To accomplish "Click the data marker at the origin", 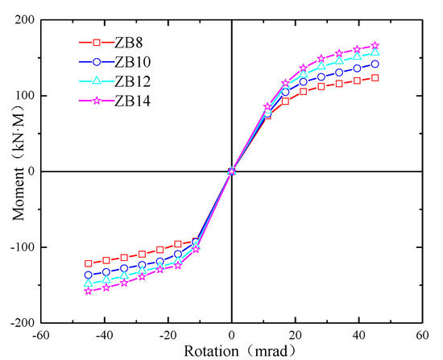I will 232,171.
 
